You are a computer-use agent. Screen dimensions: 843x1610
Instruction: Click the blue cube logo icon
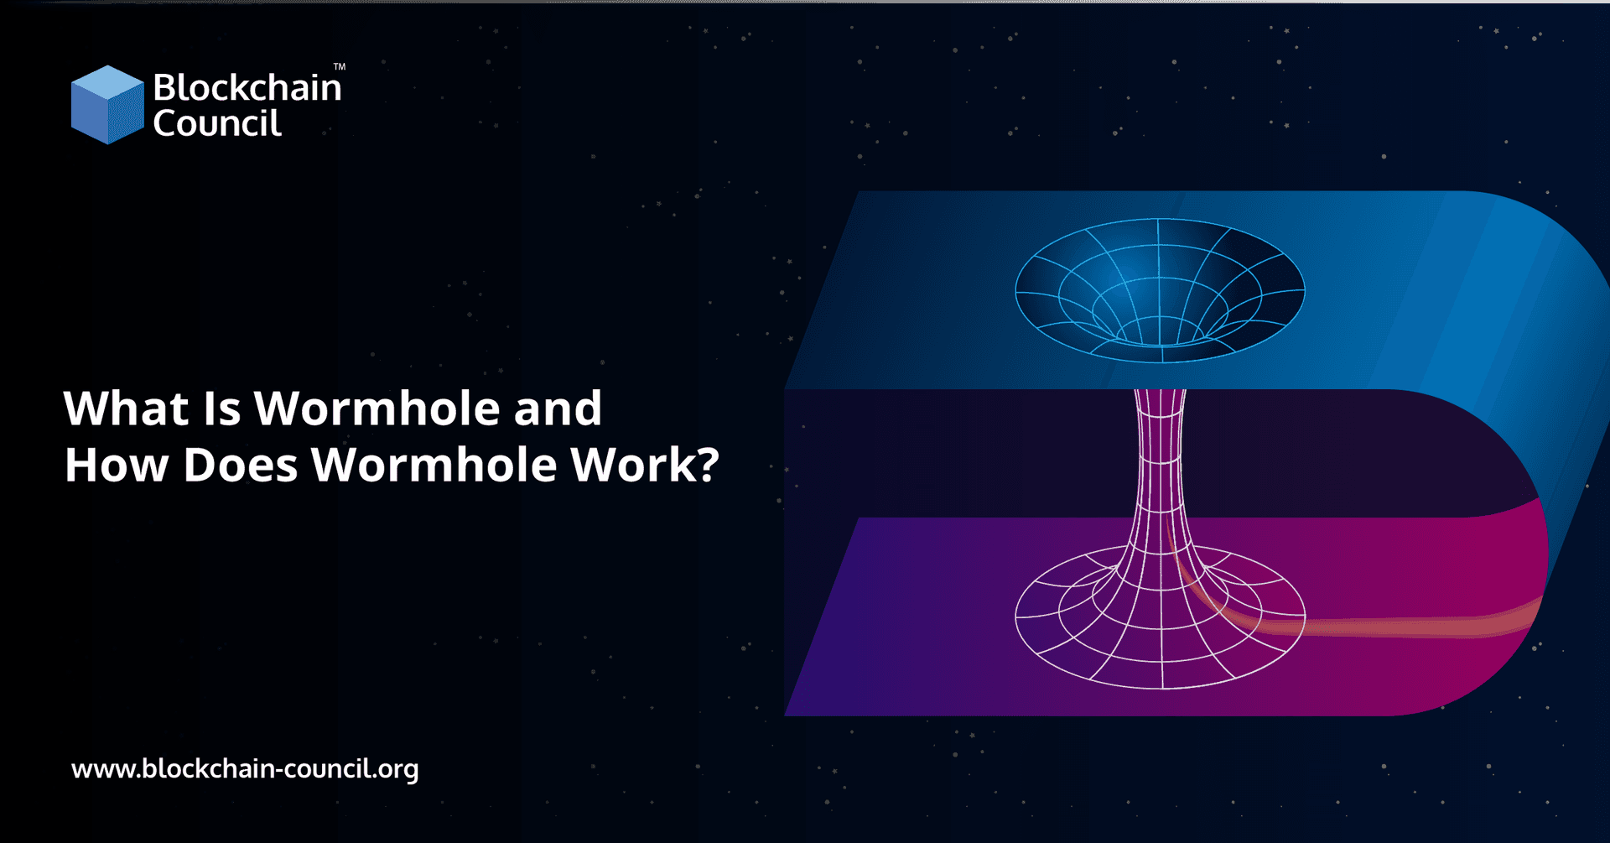(106, 105)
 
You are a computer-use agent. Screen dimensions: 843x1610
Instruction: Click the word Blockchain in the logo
(247, 87)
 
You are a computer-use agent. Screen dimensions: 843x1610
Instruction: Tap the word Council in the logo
(216, 123)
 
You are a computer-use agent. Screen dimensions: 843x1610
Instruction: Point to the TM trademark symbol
(339, 67)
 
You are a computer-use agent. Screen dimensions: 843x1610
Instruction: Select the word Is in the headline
(221, 408)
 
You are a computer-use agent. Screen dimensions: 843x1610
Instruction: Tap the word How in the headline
(117, 465)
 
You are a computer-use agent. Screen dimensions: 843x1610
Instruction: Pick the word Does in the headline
(240, 465)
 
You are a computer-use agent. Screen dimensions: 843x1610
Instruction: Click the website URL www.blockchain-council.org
(245, 768)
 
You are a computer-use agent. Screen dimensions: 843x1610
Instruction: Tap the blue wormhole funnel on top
(1160, 289)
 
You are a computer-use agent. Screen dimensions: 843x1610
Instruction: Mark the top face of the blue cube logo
(107, 83)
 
